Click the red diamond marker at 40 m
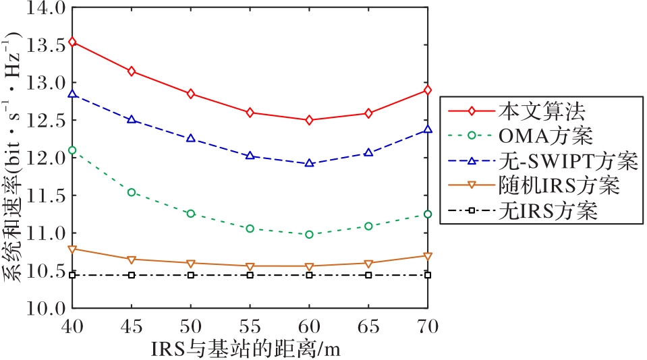pyautogui.click(x=72, y=42)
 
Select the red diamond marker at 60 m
pyautogui.click(x=309, y=120)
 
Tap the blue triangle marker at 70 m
pyautogui.click(x=428, y=129)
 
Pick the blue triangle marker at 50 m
pyautogui.click(x=191, y=138)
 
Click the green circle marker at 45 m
pyautogui.click(x=132, y=192)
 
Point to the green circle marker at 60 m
pyautogui.click(x=309, y=235)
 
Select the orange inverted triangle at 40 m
pyautogui.click(x=72, y=249)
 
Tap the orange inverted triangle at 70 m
pyautogui.click(x=428, y=256)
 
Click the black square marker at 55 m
pyautogui.click(x=250, y=275)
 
